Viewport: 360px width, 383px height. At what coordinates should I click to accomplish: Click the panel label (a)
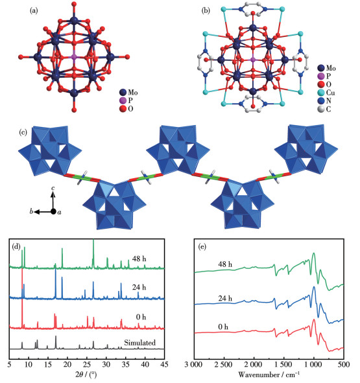click(34, 11)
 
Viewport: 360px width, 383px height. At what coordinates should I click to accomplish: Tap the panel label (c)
click(23, 132)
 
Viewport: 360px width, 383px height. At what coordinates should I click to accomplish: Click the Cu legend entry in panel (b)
click(326, 93)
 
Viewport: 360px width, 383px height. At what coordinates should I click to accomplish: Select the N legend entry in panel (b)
click(324, 100)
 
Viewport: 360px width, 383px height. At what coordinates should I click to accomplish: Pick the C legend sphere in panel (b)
click(321, 109)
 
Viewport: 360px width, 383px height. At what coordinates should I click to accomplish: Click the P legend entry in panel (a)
click(126, 100)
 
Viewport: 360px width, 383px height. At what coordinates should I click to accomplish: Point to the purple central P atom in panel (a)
click(74, 57)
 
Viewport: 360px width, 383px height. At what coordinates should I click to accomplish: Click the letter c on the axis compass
click(53, 188)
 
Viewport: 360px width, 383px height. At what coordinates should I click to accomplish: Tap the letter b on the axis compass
click(31, 211)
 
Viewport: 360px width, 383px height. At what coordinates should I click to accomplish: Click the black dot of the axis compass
click(53, 211)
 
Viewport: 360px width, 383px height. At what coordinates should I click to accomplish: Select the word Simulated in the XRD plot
click(139, 343)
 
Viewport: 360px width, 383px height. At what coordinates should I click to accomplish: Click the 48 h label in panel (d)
click(139, 259)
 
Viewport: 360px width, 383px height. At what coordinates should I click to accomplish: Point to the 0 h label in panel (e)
click(223, 327)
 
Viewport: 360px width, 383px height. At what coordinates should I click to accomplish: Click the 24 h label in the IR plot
click(225, 298)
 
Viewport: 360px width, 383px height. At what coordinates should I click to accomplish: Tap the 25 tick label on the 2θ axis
click(87, 364)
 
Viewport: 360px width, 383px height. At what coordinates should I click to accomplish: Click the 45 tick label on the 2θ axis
click(164, 364)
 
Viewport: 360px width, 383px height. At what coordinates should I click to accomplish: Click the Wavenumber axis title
click(269, 375)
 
